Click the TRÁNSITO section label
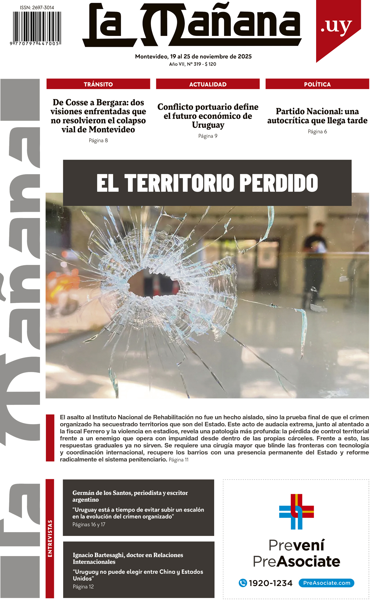click(98, 84)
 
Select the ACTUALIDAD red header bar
click(208, 84)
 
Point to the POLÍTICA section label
click(317, 84)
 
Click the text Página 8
click(98, 141)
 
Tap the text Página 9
click(208, 136)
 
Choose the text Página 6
click(317, 132)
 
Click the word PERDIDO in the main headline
click(279, 183)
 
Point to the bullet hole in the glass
click(153, 283)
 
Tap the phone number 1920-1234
click(271, 583)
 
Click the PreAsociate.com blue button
click(326, 583)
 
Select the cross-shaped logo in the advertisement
click(296, 512)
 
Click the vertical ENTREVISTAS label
click(50, 539)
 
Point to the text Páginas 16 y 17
click(89, 525)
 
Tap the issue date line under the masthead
click(193, 57)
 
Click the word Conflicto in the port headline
click(175, 107)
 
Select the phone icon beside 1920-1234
click(243, 583)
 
